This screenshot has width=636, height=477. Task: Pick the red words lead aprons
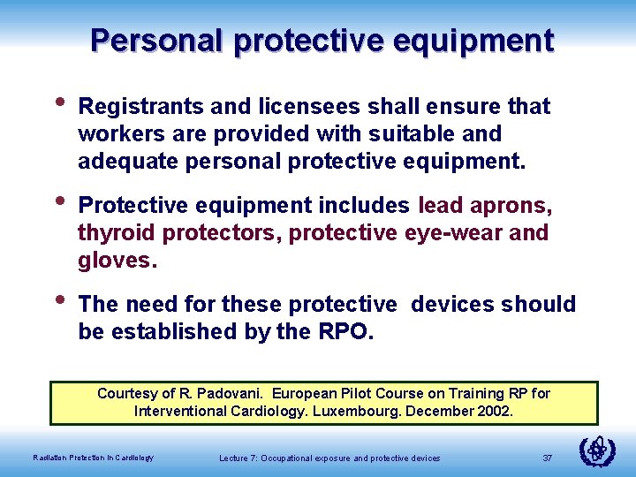coord(485,206)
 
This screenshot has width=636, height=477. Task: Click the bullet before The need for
coord(59,299)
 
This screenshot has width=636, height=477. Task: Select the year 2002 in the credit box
coord(494,411)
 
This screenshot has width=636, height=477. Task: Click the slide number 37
coord(547,458)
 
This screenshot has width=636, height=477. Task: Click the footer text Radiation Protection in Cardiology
coord(93,458)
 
